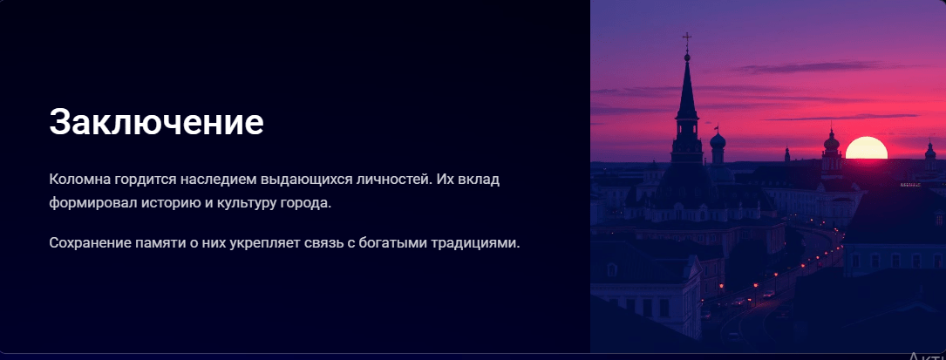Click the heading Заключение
coord(156,122)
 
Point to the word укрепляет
coord(265,244)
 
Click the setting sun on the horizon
coord(867,148)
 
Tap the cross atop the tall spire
coord(686,41)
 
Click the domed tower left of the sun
coord(832,151)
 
